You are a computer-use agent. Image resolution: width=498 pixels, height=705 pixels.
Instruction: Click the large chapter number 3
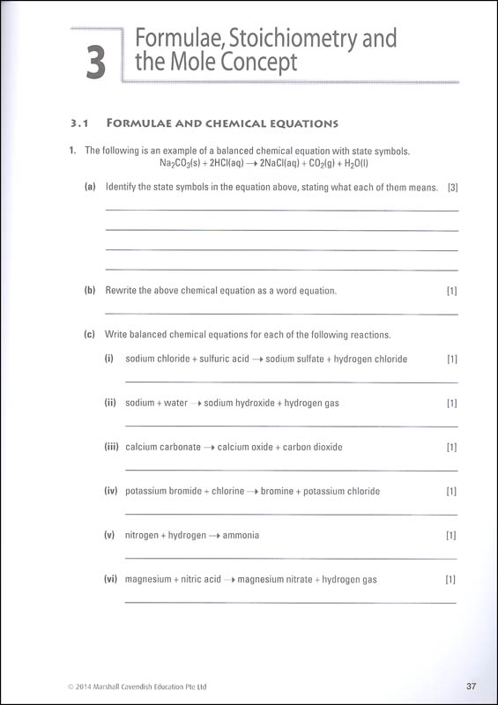[x=96, y=63]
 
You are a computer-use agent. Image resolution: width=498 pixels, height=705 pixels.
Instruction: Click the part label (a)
[x=90, y=187]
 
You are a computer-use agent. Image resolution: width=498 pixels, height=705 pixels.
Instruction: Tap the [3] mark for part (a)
[x=452, y=187]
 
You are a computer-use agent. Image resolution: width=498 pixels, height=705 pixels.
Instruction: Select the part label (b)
[x=90, y=291]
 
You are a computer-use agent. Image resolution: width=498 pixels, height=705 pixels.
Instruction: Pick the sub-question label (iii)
[x=111, y=447]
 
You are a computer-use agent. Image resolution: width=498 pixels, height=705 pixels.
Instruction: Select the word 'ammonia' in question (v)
[x=241, y=535]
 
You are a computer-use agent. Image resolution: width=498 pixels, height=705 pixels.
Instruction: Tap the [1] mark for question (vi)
[x=450, y=579]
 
